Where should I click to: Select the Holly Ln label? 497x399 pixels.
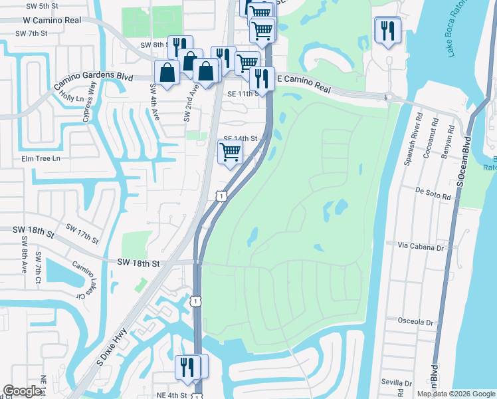coord(72,98)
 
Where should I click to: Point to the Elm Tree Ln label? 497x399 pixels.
coord(41,158)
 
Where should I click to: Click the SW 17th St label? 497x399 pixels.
coord(82,233)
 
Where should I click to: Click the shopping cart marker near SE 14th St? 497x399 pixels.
coord(230,151)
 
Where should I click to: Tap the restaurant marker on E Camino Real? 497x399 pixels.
coord(262,78)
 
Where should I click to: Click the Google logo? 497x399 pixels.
coord(21,391)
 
